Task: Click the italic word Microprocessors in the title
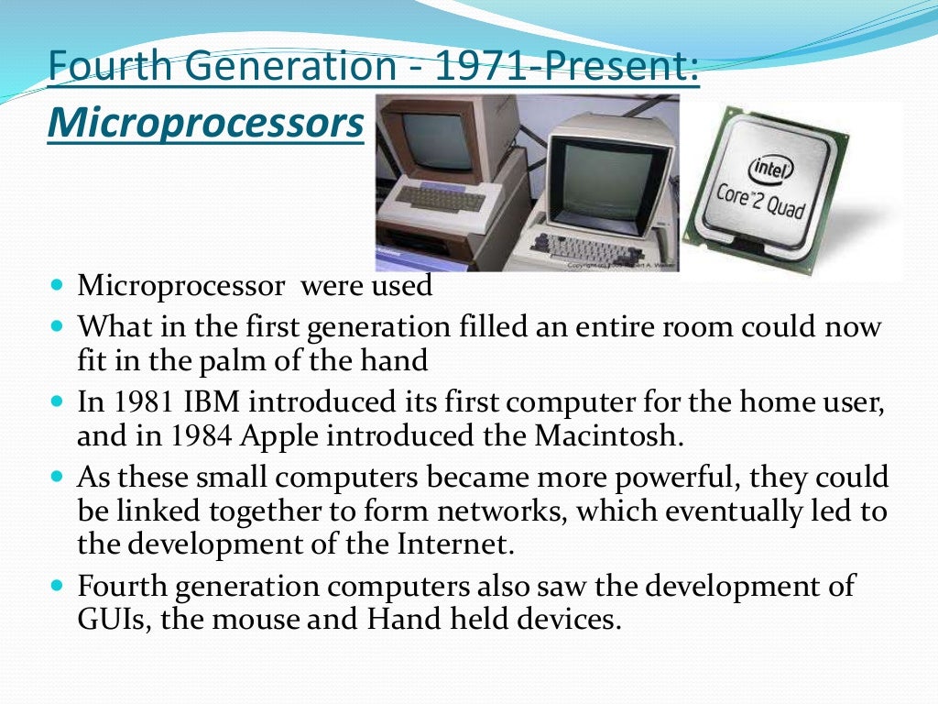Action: coord(205,124)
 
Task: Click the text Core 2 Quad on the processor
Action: coord(761,203)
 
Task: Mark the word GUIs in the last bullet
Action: coord(115,619)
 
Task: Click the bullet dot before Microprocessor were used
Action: coord(57,285)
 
